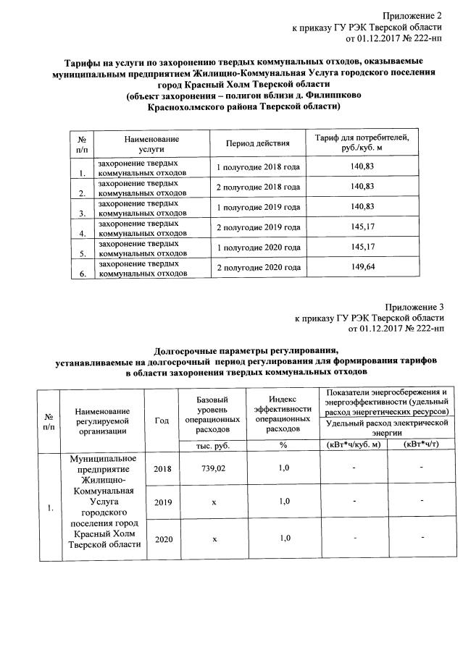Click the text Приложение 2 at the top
(413, 15)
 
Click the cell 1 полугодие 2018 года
(259, 167)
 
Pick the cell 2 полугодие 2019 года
(259, 228)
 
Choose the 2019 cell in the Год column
(164, 502)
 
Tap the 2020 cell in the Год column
(164, 538)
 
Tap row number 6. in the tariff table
(83, 274)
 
